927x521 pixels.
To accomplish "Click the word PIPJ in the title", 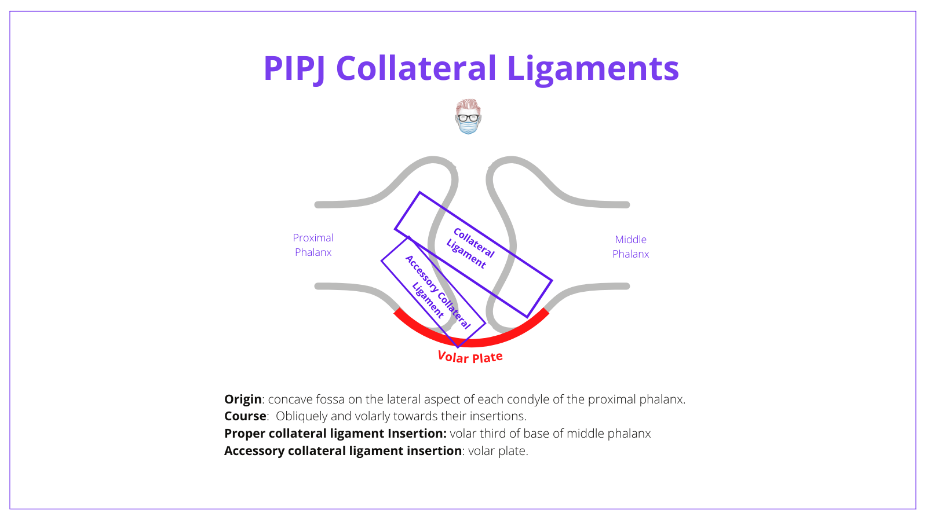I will click(294, 68).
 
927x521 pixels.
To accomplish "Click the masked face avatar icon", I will click(468, 116).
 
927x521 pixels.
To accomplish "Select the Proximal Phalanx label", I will click(313, 245).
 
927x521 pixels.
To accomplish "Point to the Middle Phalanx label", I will click(630, 247).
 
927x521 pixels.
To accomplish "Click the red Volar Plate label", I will click(470, 357).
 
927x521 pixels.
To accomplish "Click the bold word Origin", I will click(243, 399).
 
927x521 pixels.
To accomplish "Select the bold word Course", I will click(245, 416).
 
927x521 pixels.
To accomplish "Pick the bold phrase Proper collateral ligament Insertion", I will click(335, 434).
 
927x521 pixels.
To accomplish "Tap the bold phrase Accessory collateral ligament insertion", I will click(342, 451).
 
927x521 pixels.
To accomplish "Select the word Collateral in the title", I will click(416, 68).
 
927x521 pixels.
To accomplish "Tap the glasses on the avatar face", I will click(468, 118).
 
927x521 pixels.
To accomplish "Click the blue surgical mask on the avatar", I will click(468, 126).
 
